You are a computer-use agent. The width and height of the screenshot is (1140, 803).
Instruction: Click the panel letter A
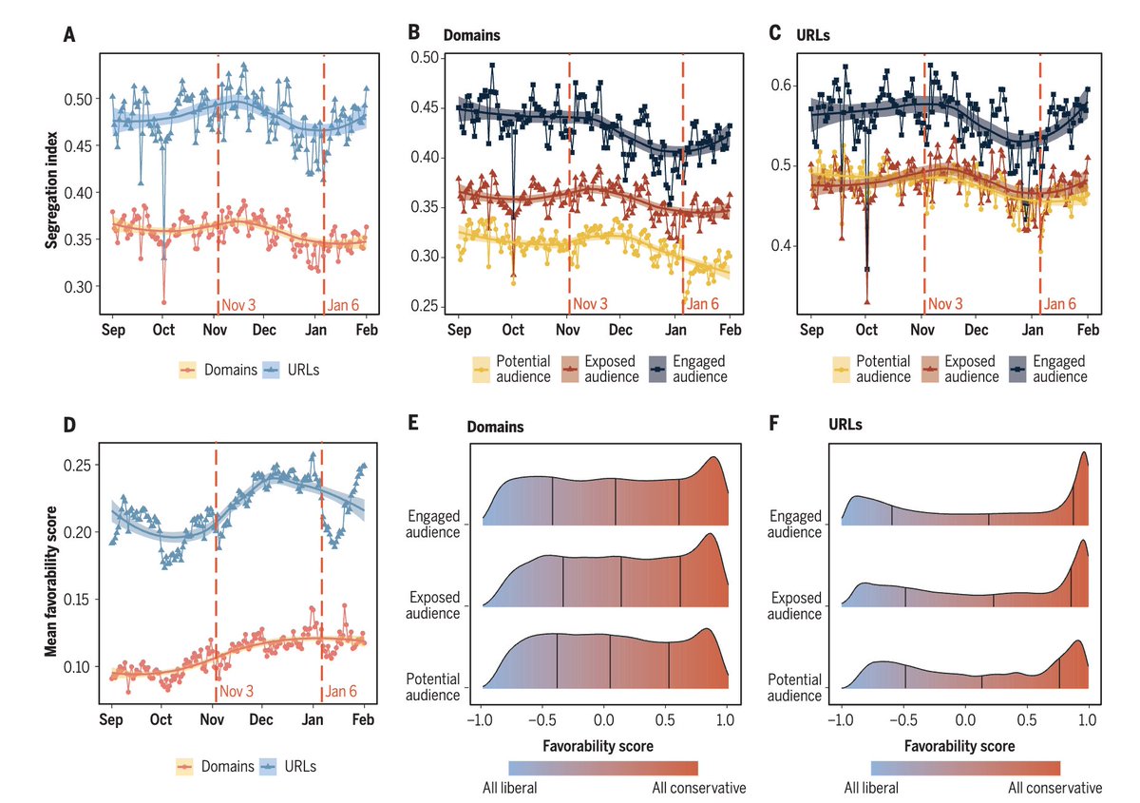pyautogui.click(x=68, y=35)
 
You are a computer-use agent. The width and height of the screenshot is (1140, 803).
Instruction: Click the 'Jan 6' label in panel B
pyautogui.click(x=702, y=304)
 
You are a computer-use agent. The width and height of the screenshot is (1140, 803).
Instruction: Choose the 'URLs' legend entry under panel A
pyautogui.click(x=304, y=370)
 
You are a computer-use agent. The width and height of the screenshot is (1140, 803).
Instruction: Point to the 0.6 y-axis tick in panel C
pyautogui.click(x=785, y=86)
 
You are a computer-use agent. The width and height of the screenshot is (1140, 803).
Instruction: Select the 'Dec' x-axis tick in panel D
pyautogui.click(x=261, y=719)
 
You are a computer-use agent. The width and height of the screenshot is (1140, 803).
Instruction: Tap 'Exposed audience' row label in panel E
pyautogui.click(x=434, y=605)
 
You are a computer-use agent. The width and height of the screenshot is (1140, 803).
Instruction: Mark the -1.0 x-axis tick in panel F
pyautogui.click(x=840, y=719)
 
